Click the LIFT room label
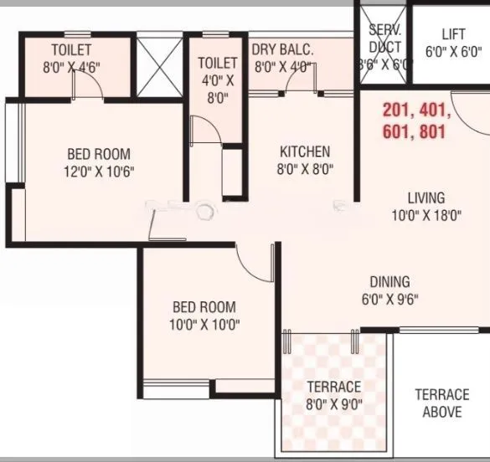click(452, 34)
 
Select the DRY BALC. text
click(283, 50)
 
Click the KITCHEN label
click(305, 152)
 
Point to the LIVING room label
click(426, 198)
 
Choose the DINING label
click(390, 282)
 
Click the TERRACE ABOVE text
click(442, 403)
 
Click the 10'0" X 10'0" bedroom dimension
click(204, 325)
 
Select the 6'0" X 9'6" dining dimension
click(389, 299)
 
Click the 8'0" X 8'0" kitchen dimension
click(305, 169)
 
